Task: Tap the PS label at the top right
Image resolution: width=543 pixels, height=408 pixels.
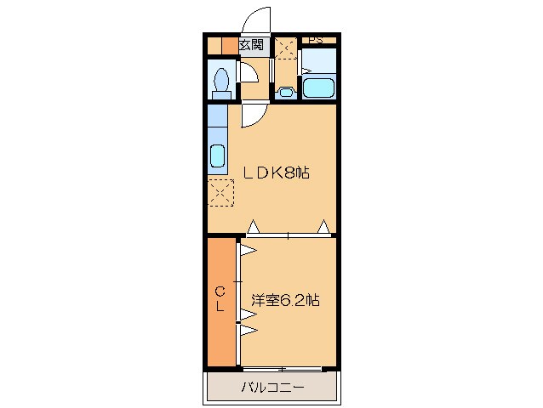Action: point(314,39)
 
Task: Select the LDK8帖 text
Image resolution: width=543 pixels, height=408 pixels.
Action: point(277,173)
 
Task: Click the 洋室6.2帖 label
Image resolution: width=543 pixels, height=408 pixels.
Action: point(285,300)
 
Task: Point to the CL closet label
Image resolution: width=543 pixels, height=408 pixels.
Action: point(220,299)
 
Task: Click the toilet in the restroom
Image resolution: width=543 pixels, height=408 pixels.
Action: point(222,82)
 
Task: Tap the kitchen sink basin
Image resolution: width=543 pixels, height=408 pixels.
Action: point(216,157)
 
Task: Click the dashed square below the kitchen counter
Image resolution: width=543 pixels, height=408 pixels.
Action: point(220,194)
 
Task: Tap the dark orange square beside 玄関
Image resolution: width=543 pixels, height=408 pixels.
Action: point(228,46)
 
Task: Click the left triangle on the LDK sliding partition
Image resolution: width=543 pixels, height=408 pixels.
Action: point(253,227)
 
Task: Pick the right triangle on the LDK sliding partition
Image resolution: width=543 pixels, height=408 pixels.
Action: point(323,227)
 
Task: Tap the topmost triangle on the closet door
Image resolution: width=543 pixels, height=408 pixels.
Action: point(248,250)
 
